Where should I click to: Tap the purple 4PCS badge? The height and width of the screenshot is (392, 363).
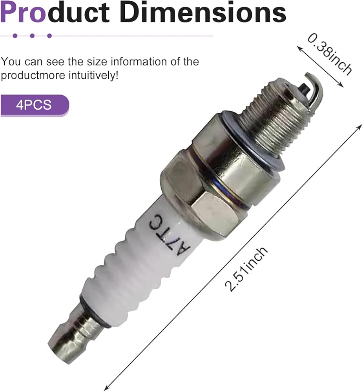pyautogui.click(x=35, y=105)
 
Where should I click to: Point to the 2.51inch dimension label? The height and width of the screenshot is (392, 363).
pyautogui.click(x=246, y=269)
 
